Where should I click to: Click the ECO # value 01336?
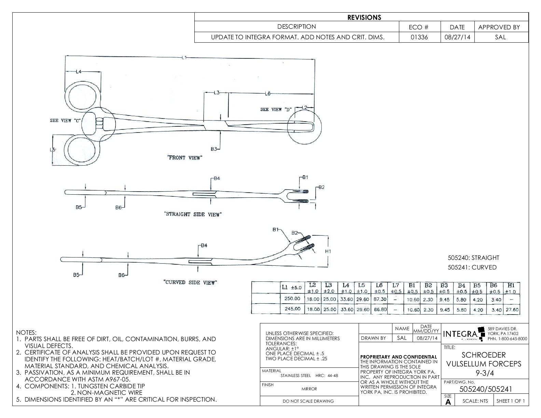coord(420,37)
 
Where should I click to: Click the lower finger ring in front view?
coord(83,150)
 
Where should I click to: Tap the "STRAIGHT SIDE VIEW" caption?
coord(193,214)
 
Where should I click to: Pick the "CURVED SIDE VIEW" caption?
coord(190,282)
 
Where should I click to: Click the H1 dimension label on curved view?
coord(328,251)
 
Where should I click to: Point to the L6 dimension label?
coord(268,94)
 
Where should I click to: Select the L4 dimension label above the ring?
coord(79,72)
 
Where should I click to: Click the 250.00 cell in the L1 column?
coord(292,299)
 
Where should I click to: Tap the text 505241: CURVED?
coord(472,267)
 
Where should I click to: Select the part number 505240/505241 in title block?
coord(485,389)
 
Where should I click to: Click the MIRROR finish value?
coord(309,389)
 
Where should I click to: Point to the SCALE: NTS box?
coord(475,401)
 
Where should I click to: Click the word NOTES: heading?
coord(26,332)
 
